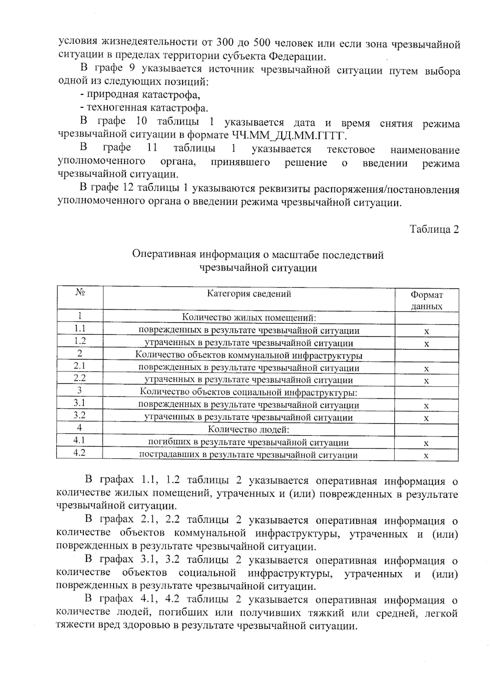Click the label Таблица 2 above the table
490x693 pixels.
[x=434, y=229]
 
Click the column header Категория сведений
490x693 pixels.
[x=249, y=293]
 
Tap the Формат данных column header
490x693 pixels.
[x=426, y=300]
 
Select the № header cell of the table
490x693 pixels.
[x=80, y=292]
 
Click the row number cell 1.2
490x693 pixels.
[x=80, y=341]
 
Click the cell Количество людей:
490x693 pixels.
[x=249, y=429]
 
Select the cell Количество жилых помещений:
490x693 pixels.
[x=249, y=317]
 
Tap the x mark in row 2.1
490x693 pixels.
[x=426, y=369]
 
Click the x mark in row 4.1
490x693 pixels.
[x=426, y=443]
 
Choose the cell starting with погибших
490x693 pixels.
[x=248, y=442]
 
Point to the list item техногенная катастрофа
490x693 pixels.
[x=144, y=108]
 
